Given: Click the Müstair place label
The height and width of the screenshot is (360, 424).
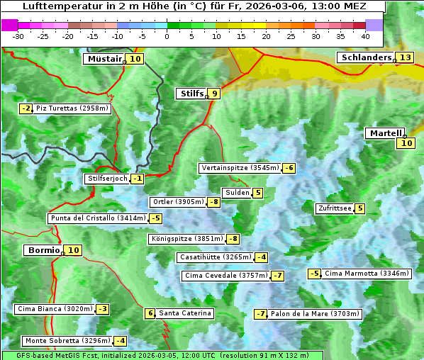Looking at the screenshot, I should tap(104, 59).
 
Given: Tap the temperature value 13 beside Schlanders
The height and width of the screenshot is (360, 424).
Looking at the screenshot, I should tap(405, 57).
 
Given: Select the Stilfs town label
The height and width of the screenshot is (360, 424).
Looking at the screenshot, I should tap(191, 93).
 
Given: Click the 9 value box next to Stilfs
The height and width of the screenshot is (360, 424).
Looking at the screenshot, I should tap(214, 93).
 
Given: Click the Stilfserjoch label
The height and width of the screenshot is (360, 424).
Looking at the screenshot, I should tap(106, 179).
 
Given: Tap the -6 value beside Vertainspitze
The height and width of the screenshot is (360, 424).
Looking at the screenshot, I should tap(289, 168).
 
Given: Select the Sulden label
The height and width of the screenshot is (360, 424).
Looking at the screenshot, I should tap(236, 193).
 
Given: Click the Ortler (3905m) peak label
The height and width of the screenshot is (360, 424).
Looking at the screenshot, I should tap(177, 202).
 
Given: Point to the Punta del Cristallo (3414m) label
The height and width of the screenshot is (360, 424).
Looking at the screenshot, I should tap(97, 218).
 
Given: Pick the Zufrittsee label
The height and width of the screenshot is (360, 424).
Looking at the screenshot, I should tap(334, 208).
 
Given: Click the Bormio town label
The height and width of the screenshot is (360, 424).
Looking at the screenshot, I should tap(43, 250).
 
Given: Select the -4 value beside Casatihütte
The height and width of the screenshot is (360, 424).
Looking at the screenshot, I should tap(261, 257).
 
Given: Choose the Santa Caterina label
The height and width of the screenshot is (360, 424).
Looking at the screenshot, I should tap(184, 313).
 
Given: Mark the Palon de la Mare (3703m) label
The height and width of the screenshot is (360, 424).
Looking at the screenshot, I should tap(315, 314).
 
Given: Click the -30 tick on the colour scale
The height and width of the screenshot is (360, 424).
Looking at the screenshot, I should tap(18, 35).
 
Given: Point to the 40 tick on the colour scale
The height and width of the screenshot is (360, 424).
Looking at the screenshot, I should tap(365, 35).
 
